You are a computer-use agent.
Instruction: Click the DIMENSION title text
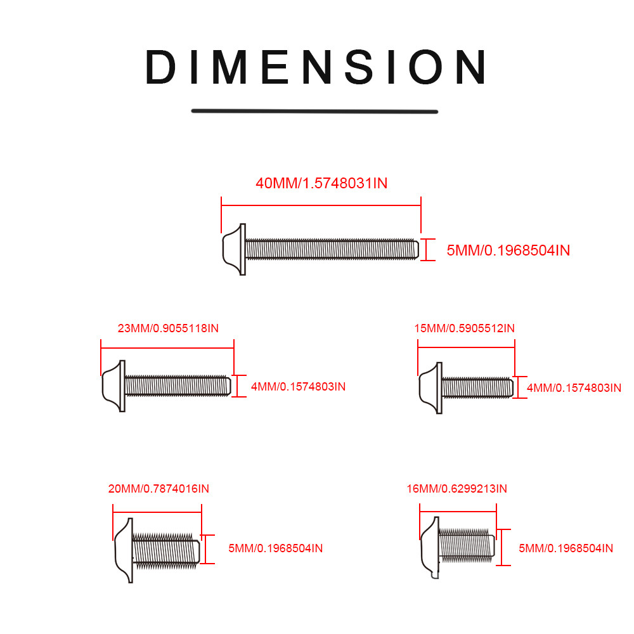coord(315,67)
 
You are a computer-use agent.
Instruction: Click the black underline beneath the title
coord(314,111)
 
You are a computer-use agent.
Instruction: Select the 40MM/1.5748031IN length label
coord(321,183)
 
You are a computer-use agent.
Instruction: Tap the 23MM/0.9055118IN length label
coord(168,328)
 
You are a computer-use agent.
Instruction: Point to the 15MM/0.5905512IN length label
coord(464,328)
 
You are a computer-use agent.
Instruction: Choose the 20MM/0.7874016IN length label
coord(158,488)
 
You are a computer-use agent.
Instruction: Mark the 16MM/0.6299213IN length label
coord(456,488)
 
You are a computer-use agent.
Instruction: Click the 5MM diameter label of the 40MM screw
coord(508,250)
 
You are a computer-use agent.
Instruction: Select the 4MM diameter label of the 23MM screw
coord(298,387)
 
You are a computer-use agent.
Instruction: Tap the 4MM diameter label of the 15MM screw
coord(574,388)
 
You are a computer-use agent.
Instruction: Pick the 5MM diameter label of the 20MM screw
coord(275,548)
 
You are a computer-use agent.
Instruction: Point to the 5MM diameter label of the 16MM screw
coord(566,548)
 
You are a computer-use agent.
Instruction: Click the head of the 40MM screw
coord(235,249)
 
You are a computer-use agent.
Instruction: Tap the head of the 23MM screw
coord(113,386)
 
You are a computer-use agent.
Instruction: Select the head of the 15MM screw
coord(430,388)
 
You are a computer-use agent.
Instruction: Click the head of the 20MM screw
coord(124,550)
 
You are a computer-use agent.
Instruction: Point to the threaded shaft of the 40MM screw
coord(332,249)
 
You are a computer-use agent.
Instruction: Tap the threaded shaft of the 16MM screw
coord(467,545)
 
